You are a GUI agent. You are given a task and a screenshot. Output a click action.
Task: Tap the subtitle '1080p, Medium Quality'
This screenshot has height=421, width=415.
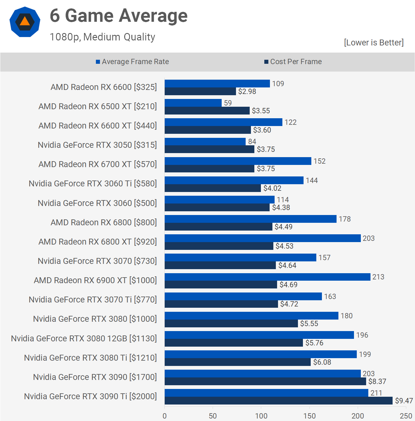(102, 37)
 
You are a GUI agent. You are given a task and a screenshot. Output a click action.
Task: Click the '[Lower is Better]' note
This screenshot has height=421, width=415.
(374, 43)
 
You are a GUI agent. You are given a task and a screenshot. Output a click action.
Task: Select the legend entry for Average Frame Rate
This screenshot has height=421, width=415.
(132, 62)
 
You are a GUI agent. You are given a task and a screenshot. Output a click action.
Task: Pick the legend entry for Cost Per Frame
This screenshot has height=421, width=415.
(293, 62)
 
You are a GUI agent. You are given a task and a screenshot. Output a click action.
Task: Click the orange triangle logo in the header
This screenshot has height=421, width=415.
(25, 21)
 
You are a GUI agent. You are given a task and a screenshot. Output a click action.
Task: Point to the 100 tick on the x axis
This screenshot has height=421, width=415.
(261, 416)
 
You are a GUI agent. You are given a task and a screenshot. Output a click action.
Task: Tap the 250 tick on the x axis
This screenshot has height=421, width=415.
(406, 416)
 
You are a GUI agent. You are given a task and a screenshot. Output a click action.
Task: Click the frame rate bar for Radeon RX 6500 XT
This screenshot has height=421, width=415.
(193, 103)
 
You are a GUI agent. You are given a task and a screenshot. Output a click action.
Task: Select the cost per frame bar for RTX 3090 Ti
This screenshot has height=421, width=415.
(278, 401)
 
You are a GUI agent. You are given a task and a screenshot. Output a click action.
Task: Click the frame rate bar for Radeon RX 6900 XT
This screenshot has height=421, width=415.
(267, 277)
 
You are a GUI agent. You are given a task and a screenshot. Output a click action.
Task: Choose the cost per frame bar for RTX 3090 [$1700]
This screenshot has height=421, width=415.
(265, 381)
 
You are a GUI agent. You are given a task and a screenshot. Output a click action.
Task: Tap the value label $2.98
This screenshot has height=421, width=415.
(247, 91)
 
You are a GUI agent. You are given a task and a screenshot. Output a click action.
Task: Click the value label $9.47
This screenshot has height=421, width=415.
(404, 401)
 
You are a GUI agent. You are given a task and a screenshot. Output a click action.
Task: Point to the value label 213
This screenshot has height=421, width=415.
(378, 277)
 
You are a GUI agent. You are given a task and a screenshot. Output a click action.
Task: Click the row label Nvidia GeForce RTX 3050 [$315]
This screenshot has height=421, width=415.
(97, 145)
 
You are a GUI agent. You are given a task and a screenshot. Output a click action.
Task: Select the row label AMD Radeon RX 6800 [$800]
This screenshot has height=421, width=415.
(104, 222)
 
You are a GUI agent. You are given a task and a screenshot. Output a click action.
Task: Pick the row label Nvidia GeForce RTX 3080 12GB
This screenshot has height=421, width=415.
(84, 339)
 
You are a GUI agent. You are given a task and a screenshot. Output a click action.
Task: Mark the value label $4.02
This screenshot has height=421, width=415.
(272, 188)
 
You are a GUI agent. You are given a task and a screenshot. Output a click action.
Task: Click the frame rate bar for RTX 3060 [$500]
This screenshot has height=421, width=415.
(219, 199)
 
